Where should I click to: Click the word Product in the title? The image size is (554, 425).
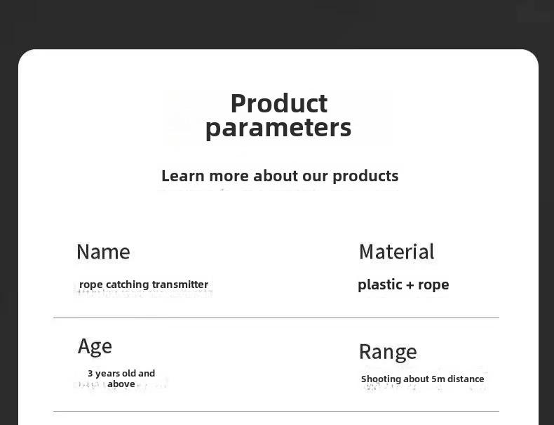coord(279,103)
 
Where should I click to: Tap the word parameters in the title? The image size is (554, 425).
coord(278,129)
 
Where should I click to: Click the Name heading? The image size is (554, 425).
coord(103,251)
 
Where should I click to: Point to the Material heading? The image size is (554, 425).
coord(396,251)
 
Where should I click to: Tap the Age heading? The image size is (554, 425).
coord(95,346)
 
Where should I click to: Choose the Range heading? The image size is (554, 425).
coord(388,352)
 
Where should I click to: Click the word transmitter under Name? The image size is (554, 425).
coord(180,285)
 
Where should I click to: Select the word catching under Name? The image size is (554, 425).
coord(128,285)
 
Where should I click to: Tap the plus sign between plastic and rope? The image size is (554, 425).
coord(410,285)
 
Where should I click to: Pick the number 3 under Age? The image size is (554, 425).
coord(90,373)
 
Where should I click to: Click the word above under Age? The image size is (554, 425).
coord(121,384)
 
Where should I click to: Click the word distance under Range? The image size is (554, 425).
coord(466,379)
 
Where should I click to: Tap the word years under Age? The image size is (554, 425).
coord(107,374)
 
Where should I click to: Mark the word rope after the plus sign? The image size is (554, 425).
coord(433,286)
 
